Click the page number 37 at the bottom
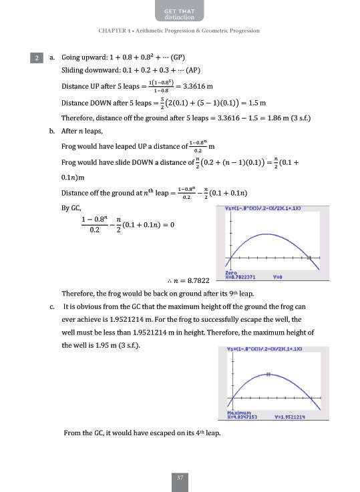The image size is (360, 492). [x=180, y=477]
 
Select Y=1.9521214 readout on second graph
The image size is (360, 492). [x=290, y=418]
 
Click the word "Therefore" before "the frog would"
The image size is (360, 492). [x=77, y=294]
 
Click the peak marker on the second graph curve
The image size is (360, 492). [x=268, y=375]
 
